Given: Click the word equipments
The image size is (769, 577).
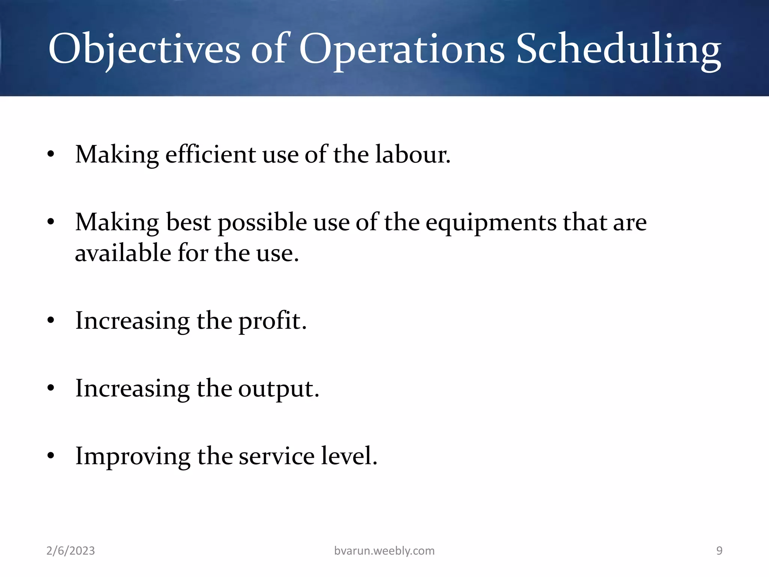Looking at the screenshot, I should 491,222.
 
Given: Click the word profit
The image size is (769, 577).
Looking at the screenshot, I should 272,321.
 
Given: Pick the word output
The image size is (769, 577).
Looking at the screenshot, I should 278,388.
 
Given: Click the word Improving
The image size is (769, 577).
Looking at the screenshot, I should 133,456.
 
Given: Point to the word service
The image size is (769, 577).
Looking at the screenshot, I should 276,456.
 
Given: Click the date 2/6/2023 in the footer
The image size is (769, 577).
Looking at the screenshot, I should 71,551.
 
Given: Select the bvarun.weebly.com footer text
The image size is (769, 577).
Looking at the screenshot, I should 384,551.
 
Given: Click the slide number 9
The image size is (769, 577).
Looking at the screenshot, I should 719,551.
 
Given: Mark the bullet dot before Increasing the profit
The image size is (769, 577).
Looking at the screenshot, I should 51,321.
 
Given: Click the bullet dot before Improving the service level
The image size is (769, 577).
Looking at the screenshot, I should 51,456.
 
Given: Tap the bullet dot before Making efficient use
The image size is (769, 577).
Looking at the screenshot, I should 51,154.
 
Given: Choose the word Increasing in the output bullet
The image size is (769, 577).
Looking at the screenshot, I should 132,388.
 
